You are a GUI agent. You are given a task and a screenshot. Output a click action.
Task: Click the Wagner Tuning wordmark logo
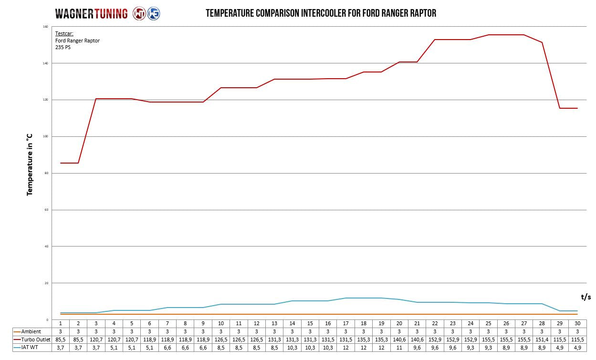91,13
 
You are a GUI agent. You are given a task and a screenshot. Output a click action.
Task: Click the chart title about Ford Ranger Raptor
321,13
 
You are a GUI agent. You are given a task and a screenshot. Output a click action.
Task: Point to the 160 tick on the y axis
45,27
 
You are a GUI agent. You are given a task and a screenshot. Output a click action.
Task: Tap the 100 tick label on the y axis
45,136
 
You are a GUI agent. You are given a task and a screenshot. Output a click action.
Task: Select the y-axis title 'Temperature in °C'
30,165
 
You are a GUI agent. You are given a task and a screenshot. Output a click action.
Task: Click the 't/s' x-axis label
586,297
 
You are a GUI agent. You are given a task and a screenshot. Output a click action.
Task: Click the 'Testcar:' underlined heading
64,34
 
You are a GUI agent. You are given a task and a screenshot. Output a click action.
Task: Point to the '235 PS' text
63,47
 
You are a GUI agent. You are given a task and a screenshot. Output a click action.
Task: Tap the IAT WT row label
29,348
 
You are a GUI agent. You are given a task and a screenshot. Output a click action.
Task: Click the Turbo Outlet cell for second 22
435,339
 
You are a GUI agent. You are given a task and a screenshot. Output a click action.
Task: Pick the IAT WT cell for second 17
345,348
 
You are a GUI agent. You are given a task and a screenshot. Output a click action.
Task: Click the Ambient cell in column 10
221,331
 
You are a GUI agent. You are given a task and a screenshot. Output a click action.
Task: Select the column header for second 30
577,323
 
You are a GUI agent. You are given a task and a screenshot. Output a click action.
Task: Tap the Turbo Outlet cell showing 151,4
542,339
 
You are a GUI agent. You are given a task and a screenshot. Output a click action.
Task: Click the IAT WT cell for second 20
399,348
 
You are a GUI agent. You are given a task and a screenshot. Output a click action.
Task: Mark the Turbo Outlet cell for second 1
61,339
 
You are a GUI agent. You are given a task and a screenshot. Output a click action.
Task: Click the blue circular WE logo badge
154,13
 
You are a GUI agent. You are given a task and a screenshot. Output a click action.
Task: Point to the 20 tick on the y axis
46,283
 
